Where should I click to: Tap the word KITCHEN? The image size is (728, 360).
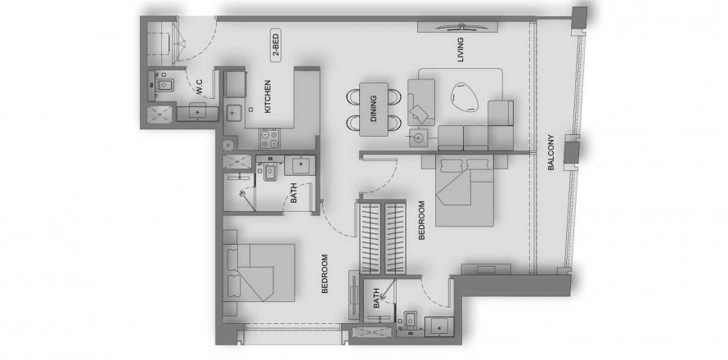tap(267, 97)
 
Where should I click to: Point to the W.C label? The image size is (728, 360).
tap(200, 88)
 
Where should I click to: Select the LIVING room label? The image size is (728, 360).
tap(460, 49)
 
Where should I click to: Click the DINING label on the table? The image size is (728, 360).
tap(374, 109)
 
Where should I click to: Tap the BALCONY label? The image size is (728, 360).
tap(551, 152)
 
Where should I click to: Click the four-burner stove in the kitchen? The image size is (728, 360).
tap(270, 138)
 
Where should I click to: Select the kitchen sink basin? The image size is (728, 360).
tap(233, 111)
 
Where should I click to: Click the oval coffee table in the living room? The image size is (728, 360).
tap(465, 97)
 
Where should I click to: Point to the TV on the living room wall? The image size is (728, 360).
tap(458, 27)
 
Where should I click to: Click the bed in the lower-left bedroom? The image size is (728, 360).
tap(259, 272)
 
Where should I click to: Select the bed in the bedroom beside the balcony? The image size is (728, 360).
tap(465, 191)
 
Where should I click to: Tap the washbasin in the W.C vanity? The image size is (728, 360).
tap(198, 112)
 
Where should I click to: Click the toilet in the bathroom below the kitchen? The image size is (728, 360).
tap(269, 172)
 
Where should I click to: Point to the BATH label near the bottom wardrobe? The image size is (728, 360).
tap(376, 298)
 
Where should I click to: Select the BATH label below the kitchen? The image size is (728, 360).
tap(294, 193)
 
